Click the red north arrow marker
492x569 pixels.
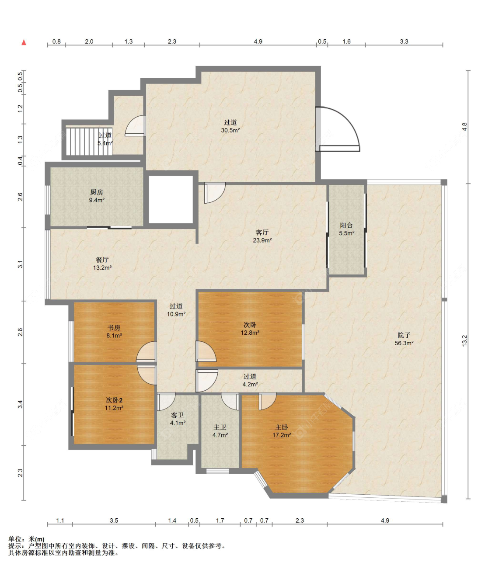(24, 42)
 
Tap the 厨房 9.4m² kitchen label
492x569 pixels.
(97, 196)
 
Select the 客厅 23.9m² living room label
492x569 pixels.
(262, 236)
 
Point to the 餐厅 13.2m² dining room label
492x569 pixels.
(102, 264)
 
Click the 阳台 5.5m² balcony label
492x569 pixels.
(346, 229)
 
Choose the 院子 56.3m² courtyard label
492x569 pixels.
(404, 339)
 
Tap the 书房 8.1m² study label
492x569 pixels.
(114, 331)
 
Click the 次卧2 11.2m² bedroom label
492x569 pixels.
(114, 404)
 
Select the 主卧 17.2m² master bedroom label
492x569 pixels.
(282, 431)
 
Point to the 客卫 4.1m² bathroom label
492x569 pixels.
(178, 419)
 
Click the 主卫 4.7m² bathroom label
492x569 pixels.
(220, 431)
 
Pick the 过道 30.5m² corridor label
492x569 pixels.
(230, 126)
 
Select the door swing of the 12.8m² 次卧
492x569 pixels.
(206, 351)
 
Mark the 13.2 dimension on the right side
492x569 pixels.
(464, 340)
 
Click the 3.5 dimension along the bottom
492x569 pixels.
(114, 520)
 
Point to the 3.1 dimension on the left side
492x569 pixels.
(20, 264)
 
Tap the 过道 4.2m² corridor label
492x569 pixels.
(250, 380)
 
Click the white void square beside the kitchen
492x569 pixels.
(171, 200)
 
